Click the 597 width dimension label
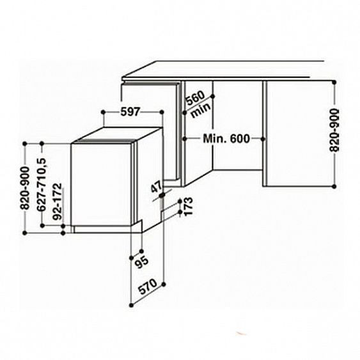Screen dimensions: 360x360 tap(130, 112)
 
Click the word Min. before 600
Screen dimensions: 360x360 tap(211, 138)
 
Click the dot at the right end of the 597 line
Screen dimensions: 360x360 tap(164, 113)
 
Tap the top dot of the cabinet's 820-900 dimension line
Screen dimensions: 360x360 tap(334, 81)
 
